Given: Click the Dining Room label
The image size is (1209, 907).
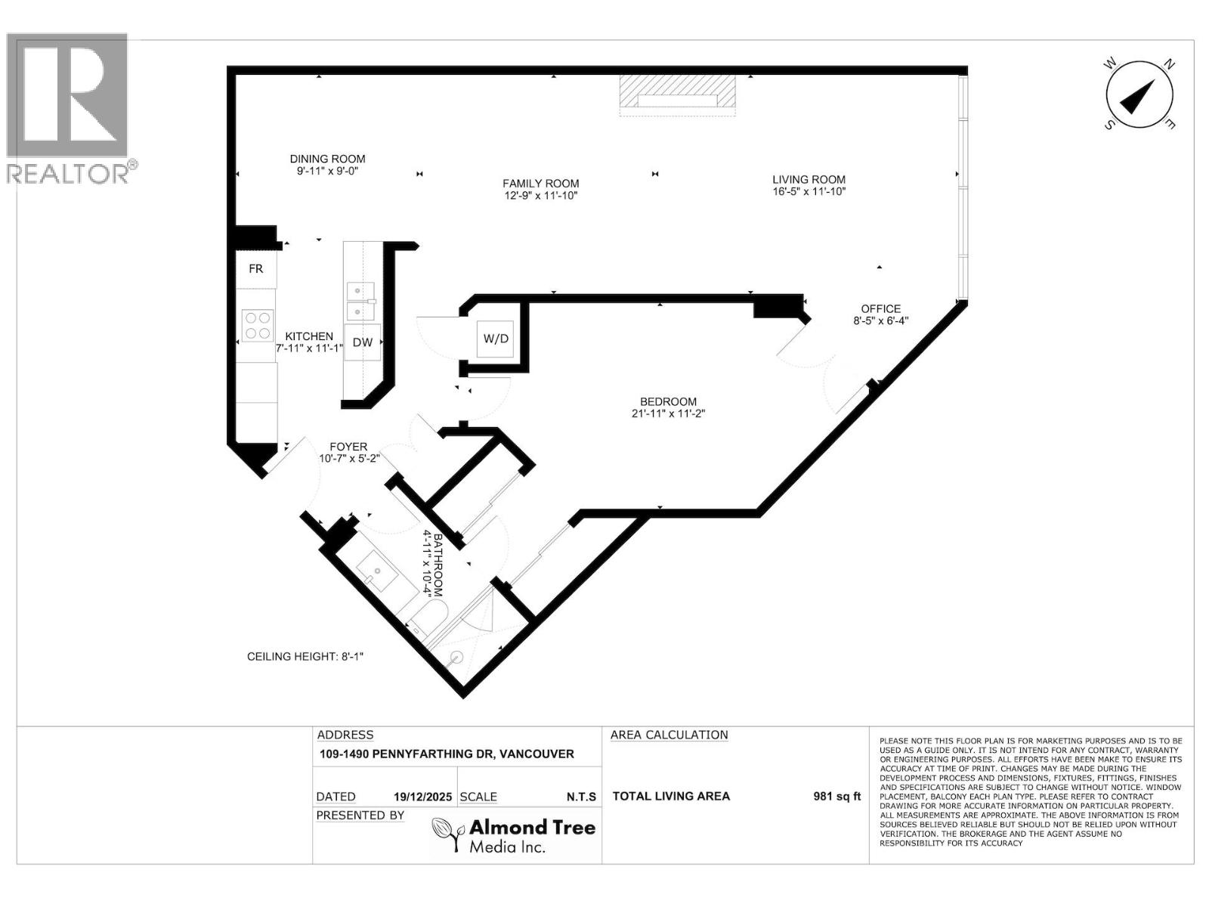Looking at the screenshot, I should pyautogui.click(x=327, y=159).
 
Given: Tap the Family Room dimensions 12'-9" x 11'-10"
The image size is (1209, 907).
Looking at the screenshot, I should pyautogui.click(x=541, y=196).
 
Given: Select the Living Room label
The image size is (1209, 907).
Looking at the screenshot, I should pyautogui.click(x=809, y=179).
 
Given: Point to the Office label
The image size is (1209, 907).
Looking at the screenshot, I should pyautogui.click(x=880, y=308).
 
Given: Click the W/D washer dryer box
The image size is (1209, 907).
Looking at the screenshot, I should pyautogui.click(x=496, y=339).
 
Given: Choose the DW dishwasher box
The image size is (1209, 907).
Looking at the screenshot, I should pyautogui.click(x=363, y=342).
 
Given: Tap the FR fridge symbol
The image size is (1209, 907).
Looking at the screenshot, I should pyautogui.click(x=256, y=269).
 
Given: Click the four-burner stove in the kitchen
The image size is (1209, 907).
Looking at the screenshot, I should pyautogui.click(x=257, y=326).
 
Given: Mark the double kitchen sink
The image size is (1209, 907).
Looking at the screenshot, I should pyautogui.click(x=360, y=300).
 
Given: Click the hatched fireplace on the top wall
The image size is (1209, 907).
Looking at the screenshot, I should pyautogui.click(x=677, y=95).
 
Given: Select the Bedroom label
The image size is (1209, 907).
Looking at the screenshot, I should pyautogui.click(x=668, y=401).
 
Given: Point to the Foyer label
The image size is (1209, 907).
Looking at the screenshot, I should pyautogui.click(x=348, y=447).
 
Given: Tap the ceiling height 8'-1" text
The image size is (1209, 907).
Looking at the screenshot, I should pyautogui.click(x=305, y=656).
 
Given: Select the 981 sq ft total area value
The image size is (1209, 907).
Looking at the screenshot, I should pyautogui.click(x=836, y=796).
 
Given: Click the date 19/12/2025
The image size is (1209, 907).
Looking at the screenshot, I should pyautogui.click(x=422, y=797).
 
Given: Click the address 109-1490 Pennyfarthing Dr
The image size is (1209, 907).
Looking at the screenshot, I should pyautogui.click(x=447, y=754).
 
